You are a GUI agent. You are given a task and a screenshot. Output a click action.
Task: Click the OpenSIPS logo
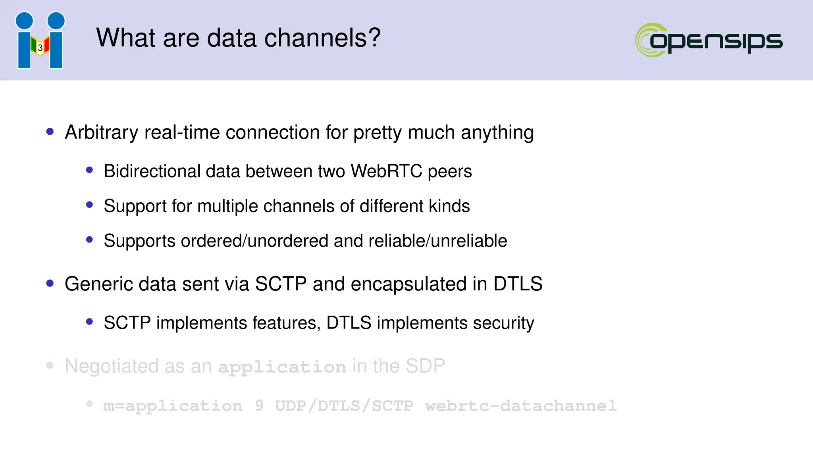(709, 40)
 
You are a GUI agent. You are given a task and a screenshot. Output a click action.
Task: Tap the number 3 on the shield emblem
(40, 48)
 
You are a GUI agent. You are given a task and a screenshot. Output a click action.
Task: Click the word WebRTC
(386, 171)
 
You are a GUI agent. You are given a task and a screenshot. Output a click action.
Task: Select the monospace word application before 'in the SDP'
(282, 367)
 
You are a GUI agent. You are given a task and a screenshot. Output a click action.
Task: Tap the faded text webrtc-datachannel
(520, 406)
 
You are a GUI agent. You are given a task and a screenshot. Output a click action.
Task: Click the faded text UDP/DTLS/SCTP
(344, 406)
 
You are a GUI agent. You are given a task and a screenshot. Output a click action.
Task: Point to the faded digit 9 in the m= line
(259, 405)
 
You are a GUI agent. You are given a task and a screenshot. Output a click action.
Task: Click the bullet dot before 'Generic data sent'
(50, 283)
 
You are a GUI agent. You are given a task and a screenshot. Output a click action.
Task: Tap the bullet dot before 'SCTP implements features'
(89, 322)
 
